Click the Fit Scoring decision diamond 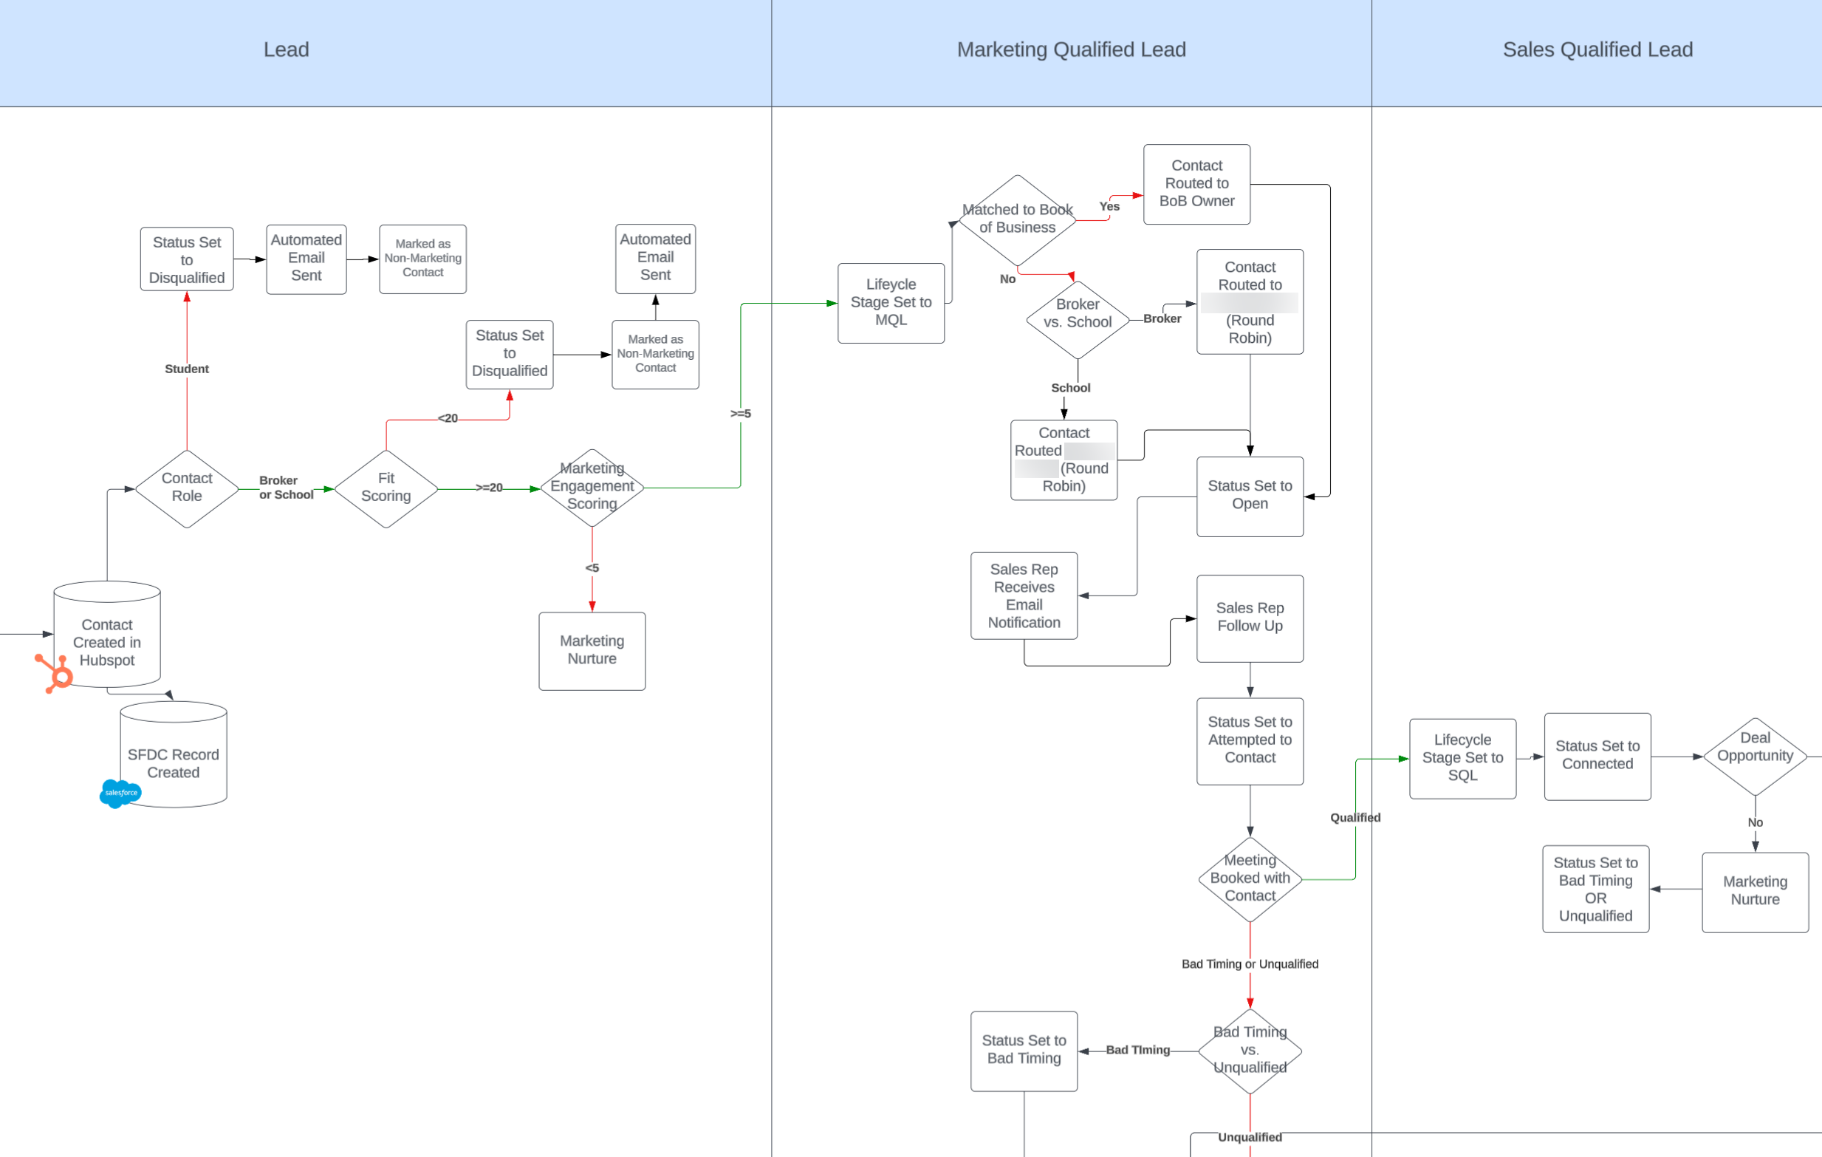[386, 488]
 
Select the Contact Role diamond [187, 488]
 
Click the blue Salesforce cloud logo [120, 792]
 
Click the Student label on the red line [187, 369]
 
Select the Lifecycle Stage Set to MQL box [891, 303]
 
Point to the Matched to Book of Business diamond [1017, 219]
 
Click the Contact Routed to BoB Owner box [1196, 184]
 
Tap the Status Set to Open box [1249, 496]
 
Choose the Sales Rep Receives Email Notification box [1024, 595]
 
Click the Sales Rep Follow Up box [1249, 618]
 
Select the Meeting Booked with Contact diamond [1249, 878]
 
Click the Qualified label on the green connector [1355, 817]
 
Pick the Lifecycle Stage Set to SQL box [1462, 757]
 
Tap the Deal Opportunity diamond [1755, 755]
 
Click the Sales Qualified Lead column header [1597, 50]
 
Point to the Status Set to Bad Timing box [1024, 1051]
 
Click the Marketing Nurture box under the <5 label [592, 651]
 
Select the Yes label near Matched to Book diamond [1109, 206]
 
